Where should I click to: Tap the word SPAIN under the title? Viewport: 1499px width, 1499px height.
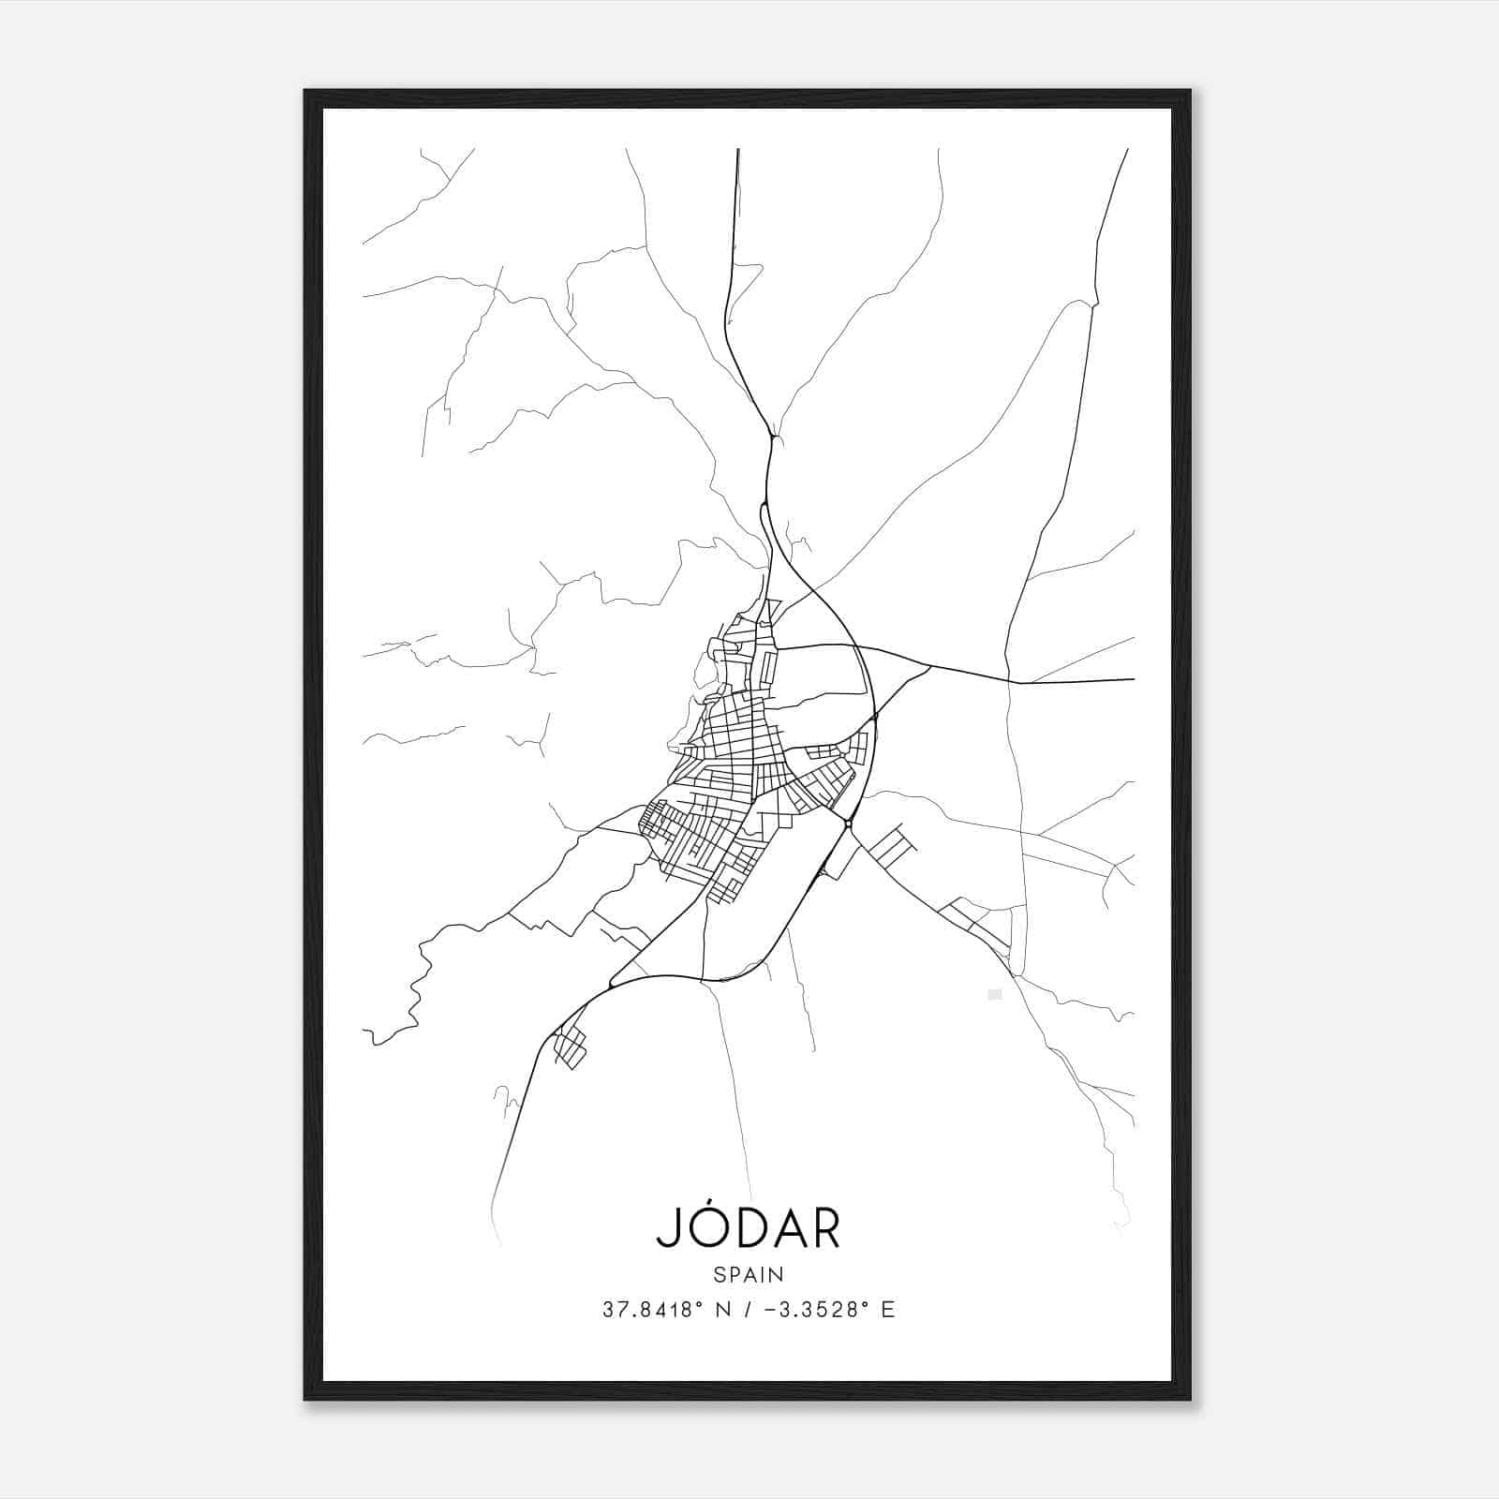pos(749,1274)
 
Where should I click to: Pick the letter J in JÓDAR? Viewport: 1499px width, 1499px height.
pos(669,1229)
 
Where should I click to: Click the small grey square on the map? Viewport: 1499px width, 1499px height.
pos(995,994)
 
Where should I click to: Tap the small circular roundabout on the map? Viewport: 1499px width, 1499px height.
pos(848,824)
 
